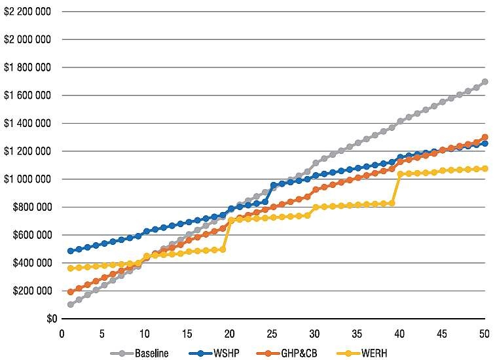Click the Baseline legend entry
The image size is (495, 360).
click(139, 353)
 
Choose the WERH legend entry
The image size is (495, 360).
click(362, 353)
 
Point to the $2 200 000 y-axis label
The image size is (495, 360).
click(27, 12)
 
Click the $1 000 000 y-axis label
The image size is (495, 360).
click(27, 179)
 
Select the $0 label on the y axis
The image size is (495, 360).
click(52, 319)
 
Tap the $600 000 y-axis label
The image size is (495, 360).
click(31, 235)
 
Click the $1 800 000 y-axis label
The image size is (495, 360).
click(27, 67)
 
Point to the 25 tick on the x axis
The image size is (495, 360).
click(272, 334)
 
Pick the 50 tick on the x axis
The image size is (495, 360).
click(485, 334)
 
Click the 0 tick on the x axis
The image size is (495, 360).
click(62, 334)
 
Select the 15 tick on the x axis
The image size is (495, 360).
click(187, 334)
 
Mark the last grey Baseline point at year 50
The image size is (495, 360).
click(485, 82)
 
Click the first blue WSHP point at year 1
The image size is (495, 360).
click(71, 251)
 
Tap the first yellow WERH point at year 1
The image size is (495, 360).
click(71, 268)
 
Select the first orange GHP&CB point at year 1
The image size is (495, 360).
click(71, 292)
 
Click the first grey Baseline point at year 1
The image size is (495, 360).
click(71, 304)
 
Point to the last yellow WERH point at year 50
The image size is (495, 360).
click(485, 169)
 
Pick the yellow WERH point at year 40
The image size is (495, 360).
click(400, 174)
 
